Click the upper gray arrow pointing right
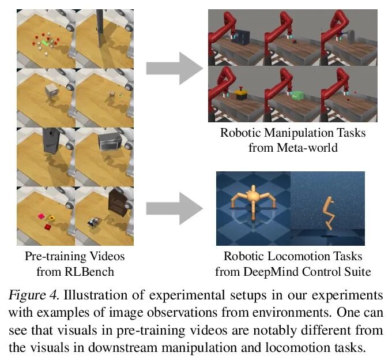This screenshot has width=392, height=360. (x=174, y=67)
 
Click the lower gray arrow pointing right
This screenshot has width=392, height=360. (x=174, y=208)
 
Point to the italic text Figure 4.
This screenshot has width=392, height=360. (x=36, y=295)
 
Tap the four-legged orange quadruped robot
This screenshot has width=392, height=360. (x=251, y=202)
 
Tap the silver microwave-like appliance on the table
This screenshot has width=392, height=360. (x=108, y=141)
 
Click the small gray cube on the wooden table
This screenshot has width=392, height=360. (x=51, y=92)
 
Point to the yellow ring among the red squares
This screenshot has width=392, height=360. (x=52, y=218)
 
